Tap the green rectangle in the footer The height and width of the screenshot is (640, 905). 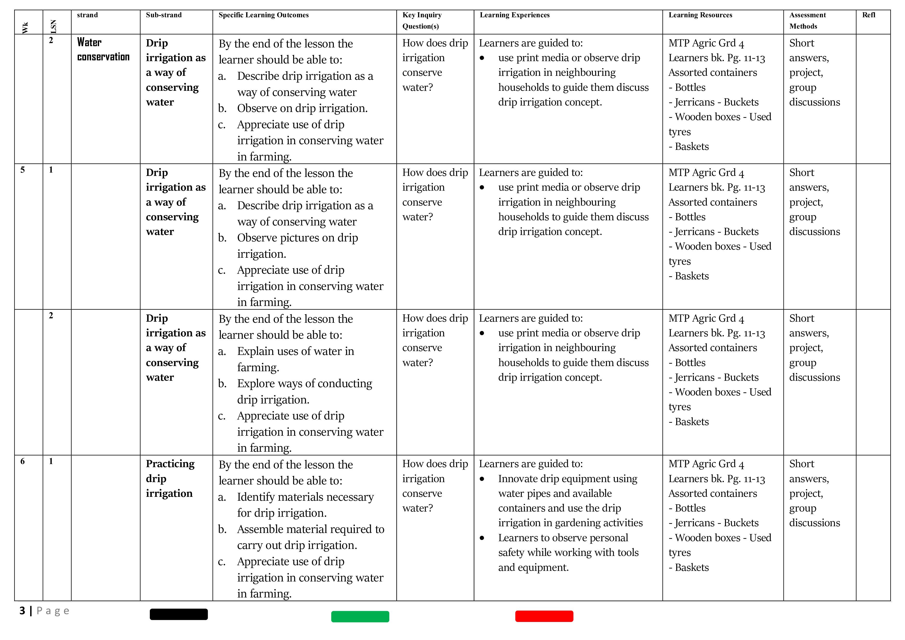360,616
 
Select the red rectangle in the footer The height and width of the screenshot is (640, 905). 544,616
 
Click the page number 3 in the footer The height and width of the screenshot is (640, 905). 22,611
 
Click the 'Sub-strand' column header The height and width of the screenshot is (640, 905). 164,15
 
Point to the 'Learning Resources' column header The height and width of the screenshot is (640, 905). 700,15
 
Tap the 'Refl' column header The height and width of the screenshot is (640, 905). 868,15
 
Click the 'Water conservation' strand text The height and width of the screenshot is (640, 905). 103,49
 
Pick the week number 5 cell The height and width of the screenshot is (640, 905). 22,170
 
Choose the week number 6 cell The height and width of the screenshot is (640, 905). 22,461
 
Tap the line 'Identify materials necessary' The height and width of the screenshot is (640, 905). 305,497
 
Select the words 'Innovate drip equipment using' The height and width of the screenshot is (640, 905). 567,479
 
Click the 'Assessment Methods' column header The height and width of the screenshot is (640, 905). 807,20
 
